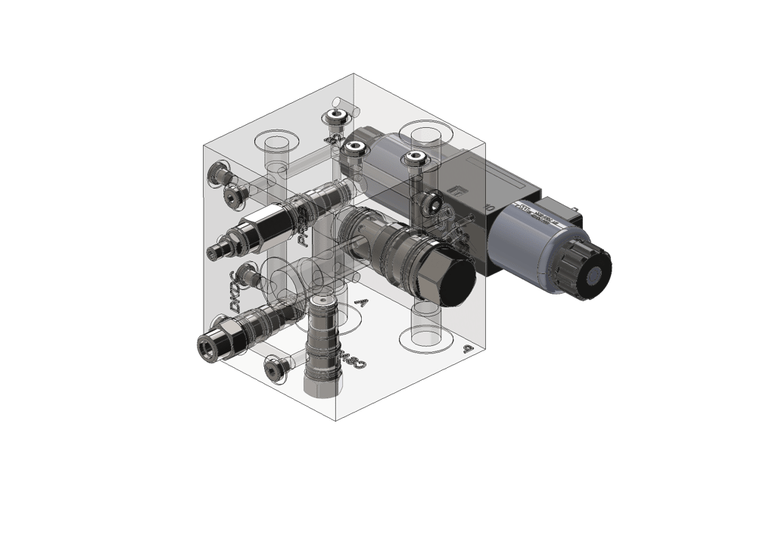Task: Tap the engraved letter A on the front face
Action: (x=361, y=304)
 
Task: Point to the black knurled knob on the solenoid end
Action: (x=587, y=267)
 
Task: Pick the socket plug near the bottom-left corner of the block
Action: (x=274, y=367)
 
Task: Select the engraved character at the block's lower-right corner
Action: (x=468, y=349)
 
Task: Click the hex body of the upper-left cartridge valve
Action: (x=254, y=232)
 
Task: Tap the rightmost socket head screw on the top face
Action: (x=413, y=158)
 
